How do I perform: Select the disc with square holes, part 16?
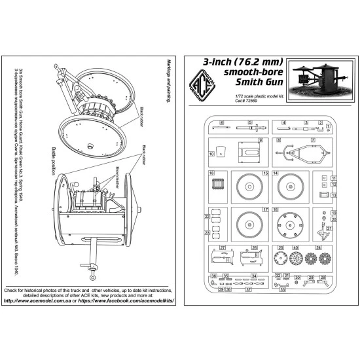click(289, 224)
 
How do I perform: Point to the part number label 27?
click(223, 247)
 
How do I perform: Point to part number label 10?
click(212, 154)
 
